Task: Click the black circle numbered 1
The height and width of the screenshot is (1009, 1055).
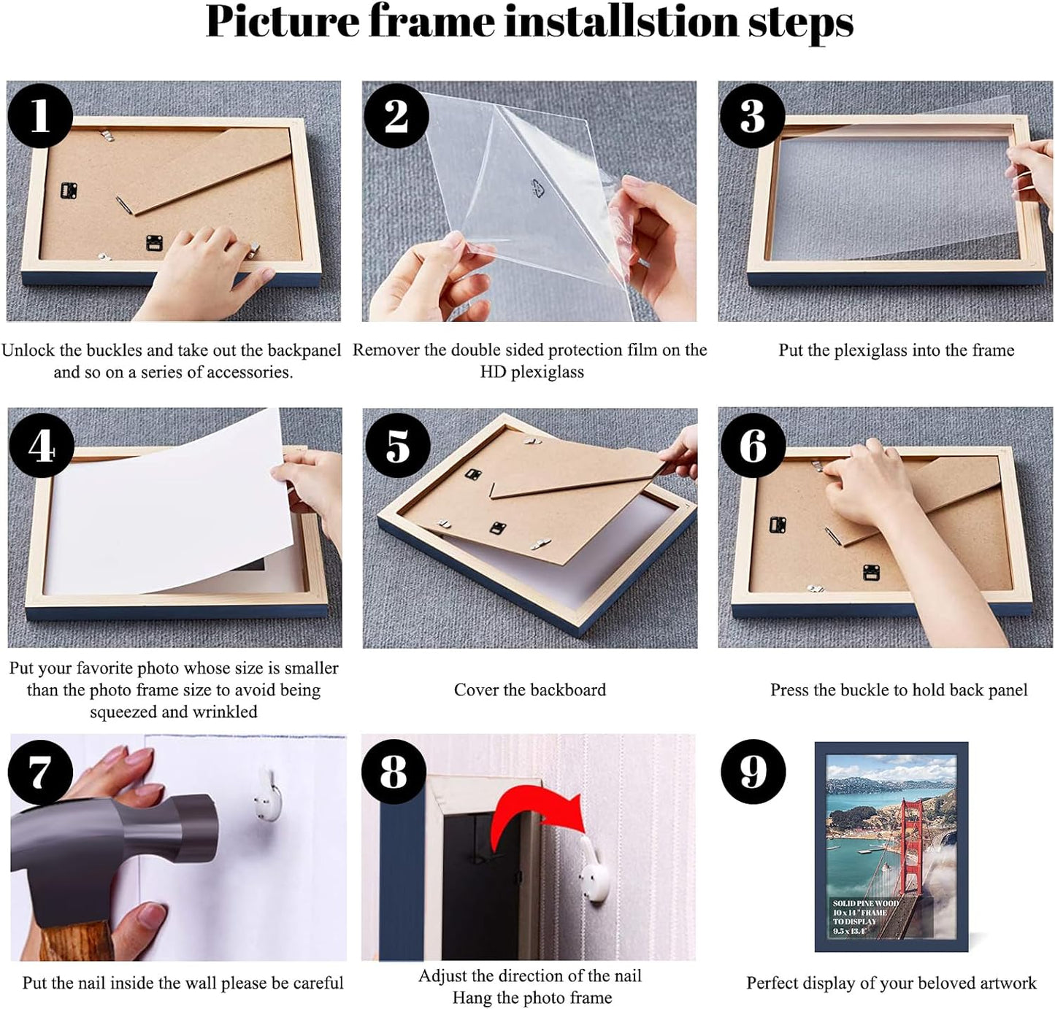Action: pyautogui.click(x=39, y=115)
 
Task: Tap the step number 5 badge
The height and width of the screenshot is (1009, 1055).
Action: pyautogui.click(x=396, y=445)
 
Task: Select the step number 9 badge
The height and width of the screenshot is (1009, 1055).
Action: pyautogui.click(x=753, y=771)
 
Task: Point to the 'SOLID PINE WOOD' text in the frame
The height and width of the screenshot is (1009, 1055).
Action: pyautogui.click(x=866, y=903)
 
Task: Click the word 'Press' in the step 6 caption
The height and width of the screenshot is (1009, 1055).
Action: pyautogui.click(x=789, y=690)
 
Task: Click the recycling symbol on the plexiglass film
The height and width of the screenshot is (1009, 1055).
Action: pyautogui.click(x=538, y=188)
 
